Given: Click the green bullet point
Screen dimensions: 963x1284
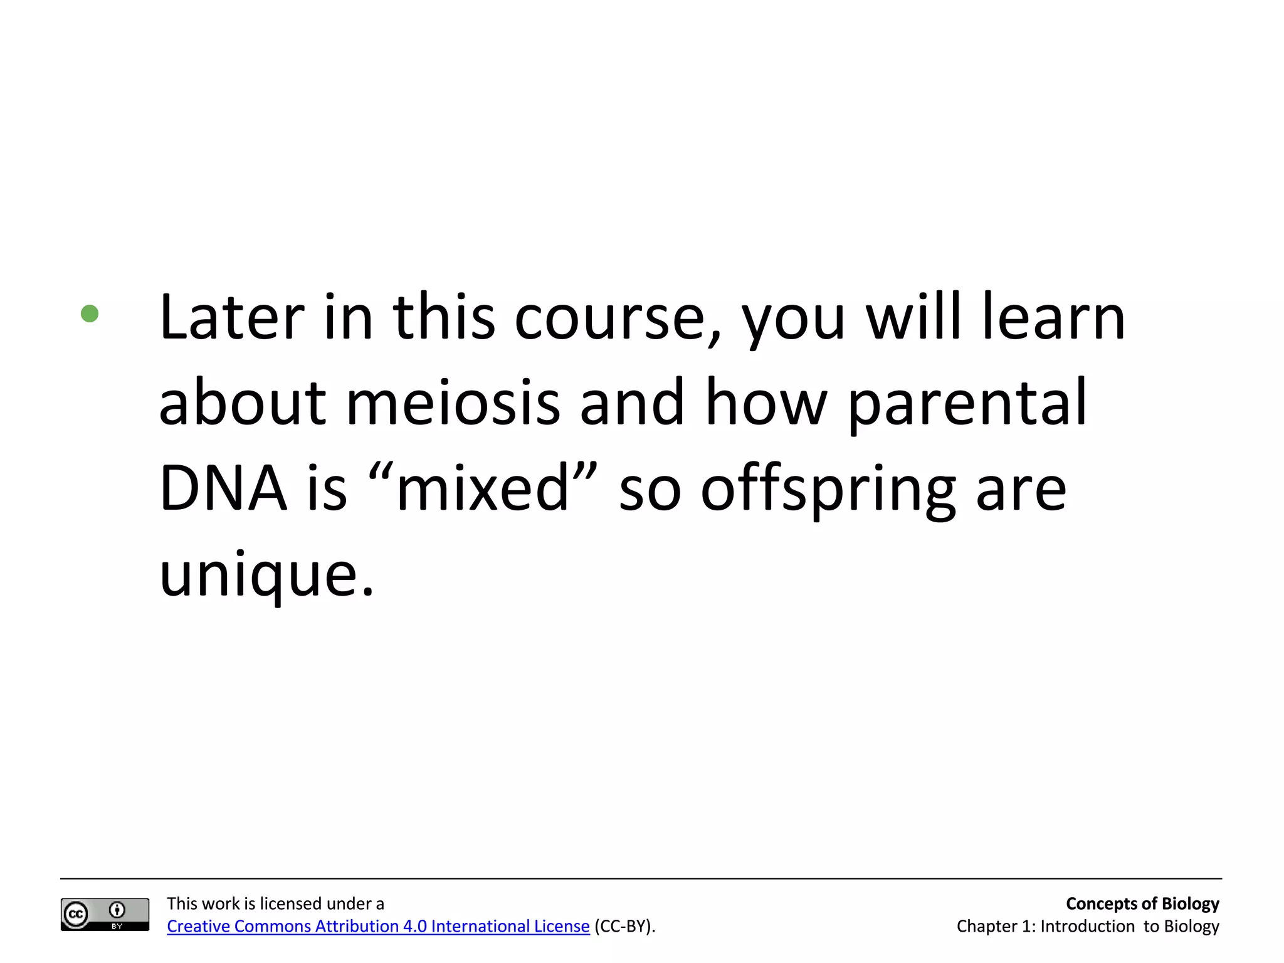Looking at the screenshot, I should (90, 313).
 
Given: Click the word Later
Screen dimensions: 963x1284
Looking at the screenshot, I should (232, 318).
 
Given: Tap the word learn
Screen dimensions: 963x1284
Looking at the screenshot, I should (1054, 318).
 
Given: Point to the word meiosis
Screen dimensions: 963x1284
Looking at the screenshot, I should (453, 403).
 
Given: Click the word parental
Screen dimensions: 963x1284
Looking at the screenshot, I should (967, 403).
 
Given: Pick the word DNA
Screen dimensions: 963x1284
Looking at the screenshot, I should (223, 488).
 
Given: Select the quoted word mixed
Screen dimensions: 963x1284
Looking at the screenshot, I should (483, 488).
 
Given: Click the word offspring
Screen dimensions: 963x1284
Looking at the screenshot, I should (828, 488).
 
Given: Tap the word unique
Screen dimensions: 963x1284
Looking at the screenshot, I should (266, 574).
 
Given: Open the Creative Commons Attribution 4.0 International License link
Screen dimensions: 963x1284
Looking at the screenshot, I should (378, 926).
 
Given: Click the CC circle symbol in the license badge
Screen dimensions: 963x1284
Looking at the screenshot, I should (76, 914).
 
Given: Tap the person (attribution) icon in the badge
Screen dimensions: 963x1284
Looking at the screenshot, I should (117, 910).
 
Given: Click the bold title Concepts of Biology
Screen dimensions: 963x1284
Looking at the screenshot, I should (1142, 903).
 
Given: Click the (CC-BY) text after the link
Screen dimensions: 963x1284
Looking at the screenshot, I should (624, 926).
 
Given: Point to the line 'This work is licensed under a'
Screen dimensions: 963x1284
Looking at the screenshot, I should (275, 903).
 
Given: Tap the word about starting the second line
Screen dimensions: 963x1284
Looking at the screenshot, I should (243, 403).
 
